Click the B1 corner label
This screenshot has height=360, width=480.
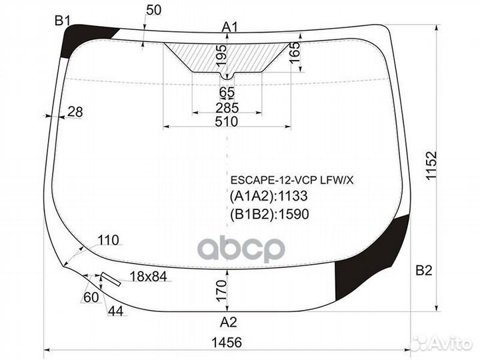point(62,21)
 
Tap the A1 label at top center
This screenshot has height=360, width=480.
point(230,27)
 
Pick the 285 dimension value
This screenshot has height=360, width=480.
point(227,107)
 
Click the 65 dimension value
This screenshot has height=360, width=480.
point(227,92)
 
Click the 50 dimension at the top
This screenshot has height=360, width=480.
point(153,9)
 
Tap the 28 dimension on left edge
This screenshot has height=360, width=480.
point(75,112)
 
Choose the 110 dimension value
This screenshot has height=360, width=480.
point(107,240)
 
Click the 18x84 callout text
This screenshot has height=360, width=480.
point(147,277)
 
